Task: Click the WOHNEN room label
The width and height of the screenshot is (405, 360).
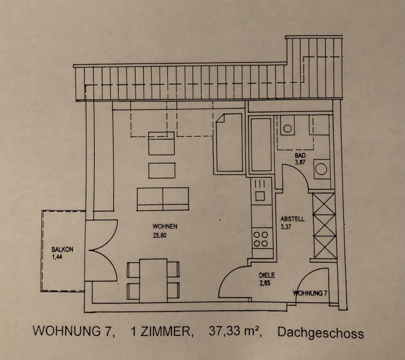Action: pyautogui.click(x=165, y=226)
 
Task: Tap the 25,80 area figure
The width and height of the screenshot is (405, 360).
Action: pyautogui.click(x=160, y=235)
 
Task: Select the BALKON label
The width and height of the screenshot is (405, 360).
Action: pyautogui.click(x=62, y=250)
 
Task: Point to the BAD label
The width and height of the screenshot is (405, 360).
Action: pyautogui.click(x=300, y=155)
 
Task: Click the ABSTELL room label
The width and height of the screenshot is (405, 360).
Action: pyautogui.click(x=292, y=219)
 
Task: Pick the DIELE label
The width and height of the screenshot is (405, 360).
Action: pyautogui.click(x=266, y=275)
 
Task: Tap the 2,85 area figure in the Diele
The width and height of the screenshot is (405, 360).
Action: pyautogui.click(x=265, y=283)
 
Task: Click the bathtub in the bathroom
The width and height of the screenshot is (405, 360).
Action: pyautogui.click(x=261, y=145)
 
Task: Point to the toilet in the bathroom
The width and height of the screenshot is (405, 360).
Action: pyautogui.click(x=287, y=125)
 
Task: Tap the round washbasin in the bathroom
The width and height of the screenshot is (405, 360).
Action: pyautogui.click(x=322, y=169)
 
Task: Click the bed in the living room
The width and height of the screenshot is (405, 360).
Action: pyautogui.click(x=229, y=143)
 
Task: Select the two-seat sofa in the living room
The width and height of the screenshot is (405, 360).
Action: pyautogui.click(x=163, y=199)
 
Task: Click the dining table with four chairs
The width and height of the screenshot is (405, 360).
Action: pyautogui.click(x=154, y=280)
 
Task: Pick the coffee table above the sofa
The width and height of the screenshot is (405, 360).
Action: pyautogui.click(x=162, y=170)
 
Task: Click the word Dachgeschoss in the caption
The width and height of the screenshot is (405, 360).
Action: pyautogui.click(x=320, y=333)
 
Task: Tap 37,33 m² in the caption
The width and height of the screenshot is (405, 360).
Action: pyautogui.click(x=235, y=331)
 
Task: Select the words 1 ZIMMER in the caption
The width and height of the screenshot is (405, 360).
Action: pyautogui.click(x=162, y=331)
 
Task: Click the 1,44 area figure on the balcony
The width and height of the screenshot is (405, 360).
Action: pyautogui.click(x=58, y=257)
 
